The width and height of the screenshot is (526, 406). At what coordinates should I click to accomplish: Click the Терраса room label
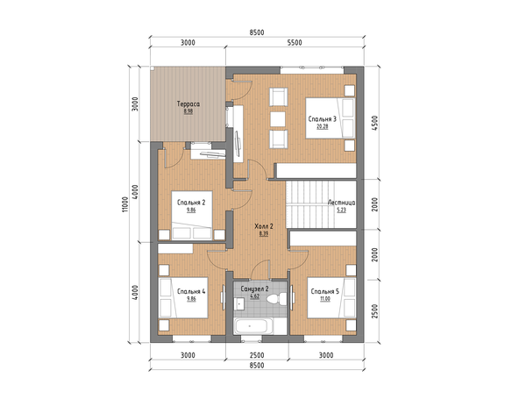[188, 104]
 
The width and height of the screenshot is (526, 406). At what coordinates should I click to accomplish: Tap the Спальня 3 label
[322, 119]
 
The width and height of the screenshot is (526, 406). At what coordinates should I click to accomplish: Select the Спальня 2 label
[191, 203]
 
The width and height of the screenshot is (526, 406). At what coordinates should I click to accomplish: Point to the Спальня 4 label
[191, 291]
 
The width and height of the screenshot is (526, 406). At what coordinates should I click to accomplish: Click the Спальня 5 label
[324, 291]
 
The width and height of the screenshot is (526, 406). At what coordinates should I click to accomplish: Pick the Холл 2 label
[264, 226]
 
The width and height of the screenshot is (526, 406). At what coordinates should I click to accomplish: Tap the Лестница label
[341, 203]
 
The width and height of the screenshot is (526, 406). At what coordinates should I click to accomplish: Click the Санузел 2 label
[254, 288]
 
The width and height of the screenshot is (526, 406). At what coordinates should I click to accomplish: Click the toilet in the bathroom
[277, 298]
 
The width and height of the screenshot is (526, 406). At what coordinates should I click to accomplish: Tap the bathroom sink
[239, 303]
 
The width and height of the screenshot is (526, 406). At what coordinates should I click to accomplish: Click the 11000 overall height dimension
[124, 204]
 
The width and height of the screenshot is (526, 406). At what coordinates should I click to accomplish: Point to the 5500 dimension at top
[295, 43]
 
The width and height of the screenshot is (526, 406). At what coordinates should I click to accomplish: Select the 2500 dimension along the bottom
[257, 355]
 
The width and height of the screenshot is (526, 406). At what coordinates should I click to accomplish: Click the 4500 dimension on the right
[374, 123]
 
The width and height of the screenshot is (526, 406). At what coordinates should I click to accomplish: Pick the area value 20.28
[322, 126]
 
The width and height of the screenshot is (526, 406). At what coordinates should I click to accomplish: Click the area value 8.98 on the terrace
[188, 111]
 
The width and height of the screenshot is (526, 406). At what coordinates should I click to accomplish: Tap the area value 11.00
[324, 299]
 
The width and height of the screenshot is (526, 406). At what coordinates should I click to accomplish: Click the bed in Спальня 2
[192, 216]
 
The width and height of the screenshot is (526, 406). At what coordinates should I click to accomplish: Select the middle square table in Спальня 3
[278, 119]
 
